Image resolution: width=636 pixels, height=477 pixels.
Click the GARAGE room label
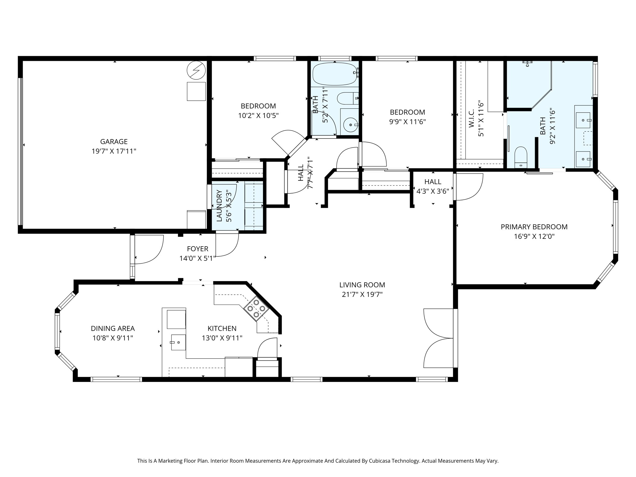coord(114,142)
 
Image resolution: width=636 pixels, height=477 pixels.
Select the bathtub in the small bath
coord(334,74)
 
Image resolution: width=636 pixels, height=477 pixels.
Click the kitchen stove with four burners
coord(256,308)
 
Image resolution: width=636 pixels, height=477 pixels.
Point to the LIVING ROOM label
coord(362,285)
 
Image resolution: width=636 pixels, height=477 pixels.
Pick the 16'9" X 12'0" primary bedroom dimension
coord(534,236)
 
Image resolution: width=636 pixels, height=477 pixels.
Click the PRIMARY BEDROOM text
coord(534,227)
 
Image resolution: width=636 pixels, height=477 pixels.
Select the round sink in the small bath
coord(351,125)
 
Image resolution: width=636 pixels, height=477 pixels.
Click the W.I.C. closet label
coord(471,118)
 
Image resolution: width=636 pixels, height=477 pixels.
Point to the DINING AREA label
coord(113,328)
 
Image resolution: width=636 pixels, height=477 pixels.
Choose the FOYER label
coord(198,249)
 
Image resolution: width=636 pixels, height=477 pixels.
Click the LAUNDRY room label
coord(219,206)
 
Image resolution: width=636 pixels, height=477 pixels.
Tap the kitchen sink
coord(179,342)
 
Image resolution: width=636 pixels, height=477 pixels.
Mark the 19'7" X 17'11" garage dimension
coord(114,151)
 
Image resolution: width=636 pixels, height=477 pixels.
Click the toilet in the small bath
coord(348,98)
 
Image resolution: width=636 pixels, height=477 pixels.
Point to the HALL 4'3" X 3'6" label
coord(433,186)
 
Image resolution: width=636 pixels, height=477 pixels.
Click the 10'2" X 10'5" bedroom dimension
coord(258,116)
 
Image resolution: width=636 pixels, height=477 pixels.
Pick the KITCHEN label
coord(222,328)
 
